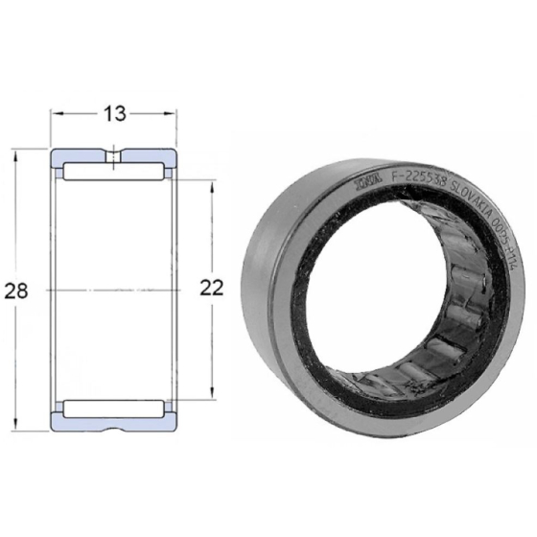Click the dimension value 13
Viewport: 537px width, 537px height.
(114, 114)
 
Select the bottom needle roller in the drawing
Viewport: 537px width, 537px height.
(114, 406)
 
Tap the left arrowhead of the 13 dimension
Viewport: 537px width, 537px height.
(57, 114)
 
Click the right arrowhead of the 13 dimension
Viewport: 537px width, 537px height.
(172, 114)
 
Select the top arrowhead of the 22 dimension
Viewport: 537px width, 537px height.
(212, 184)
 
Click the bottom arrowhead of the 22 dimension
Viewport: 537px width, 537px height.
(212, 394)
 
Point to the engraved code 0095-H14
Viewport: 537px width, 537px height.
(505, 250)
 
